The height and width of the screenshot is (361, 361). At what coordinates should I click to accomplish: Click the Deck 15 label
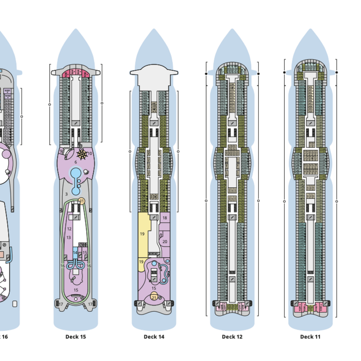coord(75,337)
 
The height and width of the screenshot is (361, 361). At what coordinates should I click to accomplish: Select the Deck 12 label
coord(232,337)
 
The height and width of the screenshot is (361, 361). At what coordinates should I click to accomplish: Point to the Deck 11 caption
coord(310,337)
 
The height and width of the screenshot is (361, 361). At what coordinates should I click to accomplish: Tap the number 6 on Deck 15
coord(76,162)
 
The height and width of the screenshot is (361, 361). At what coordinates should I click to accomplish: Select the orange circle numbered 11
coord(82,201)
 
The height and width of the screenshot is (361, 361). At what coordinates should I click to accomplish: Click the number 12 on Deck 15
coord(69,229)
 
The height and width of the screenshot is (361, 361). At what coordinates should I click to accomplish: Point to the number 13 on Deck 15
coord(69,237)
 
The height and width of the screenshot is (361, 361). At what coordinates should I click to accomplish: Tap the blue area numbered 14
coord(75,253)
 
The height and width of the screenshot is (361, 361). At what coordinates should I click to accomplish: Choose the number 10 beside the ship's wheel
coord(89,153)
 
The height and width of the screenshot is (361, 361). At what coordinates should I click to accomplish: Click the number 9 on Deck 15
coord(61,151)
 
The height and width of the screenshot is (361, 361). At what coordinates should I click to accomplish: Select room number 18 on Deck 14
coord(165,218)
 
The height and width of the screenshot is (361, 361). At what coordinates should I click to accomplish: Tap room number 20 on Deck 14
coord(165,242)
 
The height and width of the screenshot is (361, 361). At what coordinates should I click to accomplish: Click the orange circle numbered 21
coord(154,297)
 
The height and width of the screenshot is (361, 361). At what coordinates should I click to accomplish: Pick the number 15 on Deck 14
coord(154,288)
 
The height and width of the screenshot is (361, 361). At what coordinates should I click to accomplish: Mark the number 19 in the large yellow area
coord(142,234)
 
